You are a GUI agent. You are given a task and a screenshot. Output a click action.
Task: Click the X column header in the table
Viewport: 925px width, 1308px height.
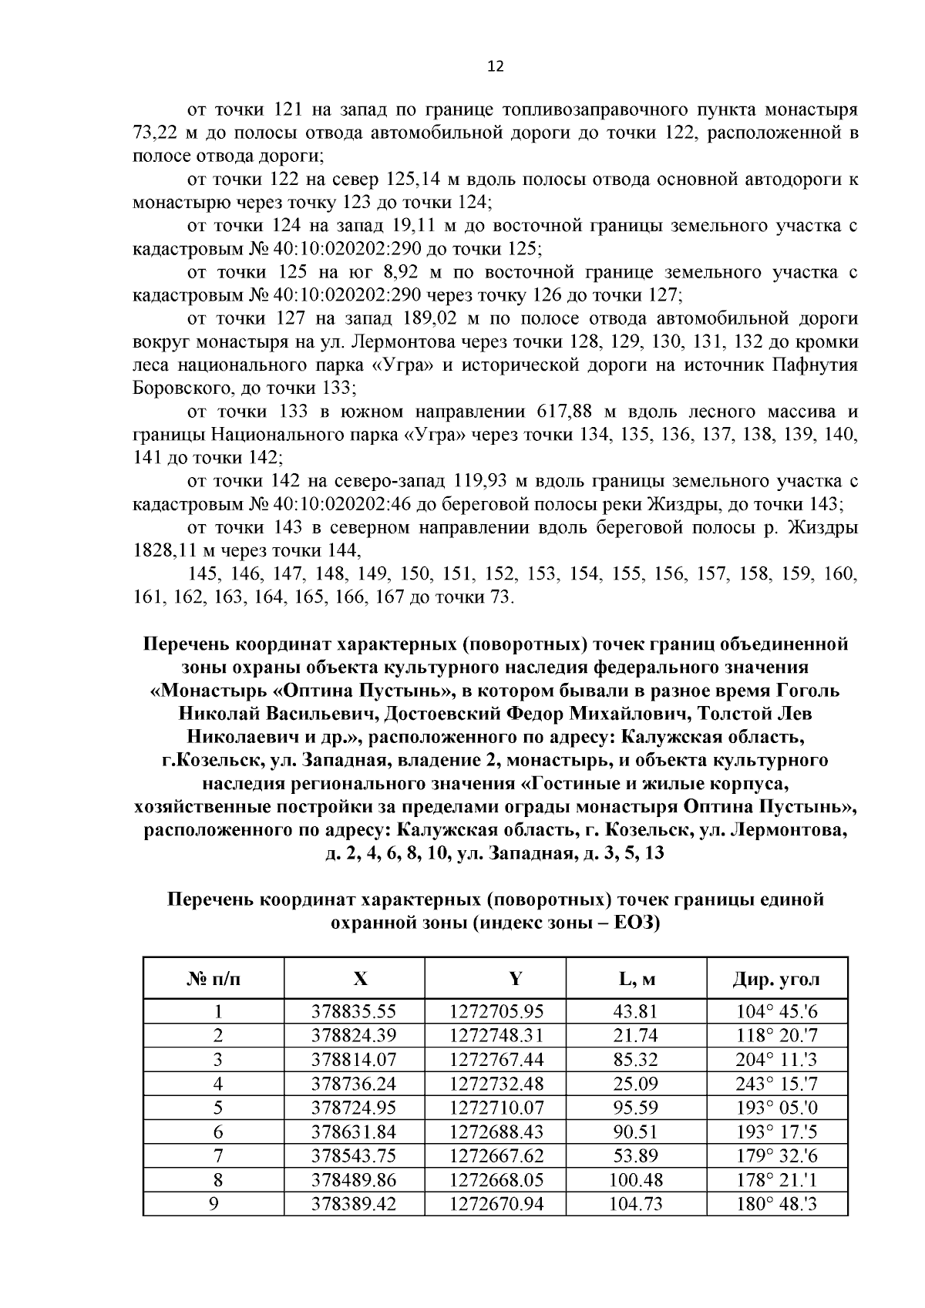coord(360,979)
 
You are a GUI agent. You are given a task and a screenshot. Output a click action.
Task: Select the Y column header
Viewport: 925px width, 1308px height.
coord(516,979)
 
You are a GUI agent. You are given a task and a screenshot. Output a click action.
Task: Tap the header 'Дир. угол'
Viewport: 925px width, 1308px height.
coord(776,980)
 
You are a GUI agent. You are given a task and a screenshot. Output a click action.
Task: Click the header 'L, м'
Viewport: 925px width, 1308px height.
coord(636,980)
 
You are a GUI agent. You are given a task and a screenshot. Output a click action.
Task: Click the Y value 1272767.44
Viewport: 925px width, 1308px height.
coord(496,1060)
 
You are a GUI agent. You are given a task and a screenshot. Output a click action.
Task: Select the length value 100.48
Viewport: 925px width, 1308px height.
coord(636,1179)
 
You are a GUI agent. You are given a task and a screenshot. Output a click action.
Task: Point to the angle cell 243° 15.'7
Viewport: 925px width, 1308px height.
coord(776,1084)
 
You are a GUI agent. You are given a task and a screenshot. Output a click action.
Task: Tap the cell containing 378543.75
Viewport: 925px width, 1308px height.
coord(353,1155)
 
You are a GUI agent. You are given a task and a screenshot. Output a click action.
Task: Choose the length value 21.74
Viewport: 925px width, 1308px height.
coord(636,1036)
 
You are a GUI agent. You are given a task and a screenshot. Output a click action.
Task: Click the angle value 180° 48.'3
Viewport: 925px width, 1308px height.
coord(776,1203)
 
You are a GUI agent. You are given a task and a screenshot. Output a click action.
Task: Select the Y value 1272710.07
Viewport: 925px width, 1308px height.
coord(496,1108)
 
